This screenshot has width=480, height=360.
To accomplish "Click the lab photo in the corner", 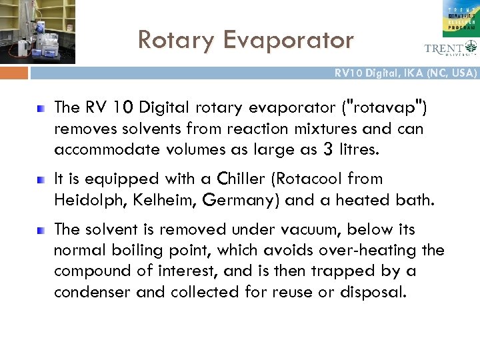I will pos(37,31).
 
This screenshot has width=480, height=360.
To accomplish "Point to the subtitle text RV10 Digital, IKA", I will pos(406,73).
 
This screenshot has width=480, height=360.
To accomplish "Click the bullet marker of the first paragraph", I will pos(41,107).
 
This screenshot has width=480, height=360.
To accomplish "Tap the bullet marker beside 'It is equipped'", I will pos(41,179).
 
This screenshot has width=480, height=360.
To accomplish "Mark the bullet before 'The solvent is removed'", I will pos(41,230).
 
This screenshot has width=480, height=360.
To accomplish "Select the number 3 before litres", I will pos(327,150).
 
